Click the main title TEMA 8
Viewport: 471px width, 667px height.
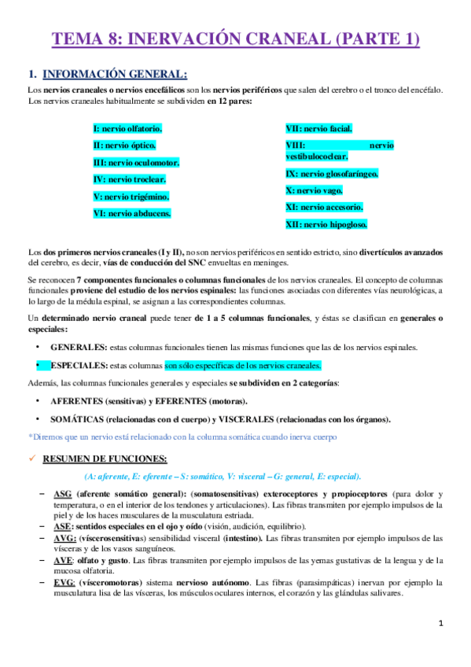click(235, 39)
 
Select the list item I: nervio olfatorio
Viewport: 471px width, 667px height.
click(128, 128)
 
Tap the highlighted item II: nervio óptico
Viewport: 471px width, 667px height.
click(124, 146)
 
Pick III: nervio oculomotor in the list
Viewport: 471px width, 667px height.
click(136, 163)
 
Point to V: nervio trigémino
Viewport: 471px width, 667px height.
click(131, 196)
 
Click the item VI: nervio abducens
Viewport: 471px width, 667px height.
click(132, 213)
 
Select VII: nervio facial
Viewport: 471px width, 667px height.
click(318, 128)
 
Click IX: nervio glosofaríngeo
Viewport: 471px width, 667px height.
click(332, 173)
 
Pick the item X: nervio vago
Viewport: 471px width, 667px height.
click(315, 190)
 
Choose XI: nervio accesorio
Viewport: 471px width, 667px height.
click(324, 207)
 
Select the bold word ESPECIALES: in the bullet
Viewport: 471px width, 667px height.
click(79, 366)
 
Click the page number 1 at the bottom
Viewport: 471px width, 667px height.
click(442, 624)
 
